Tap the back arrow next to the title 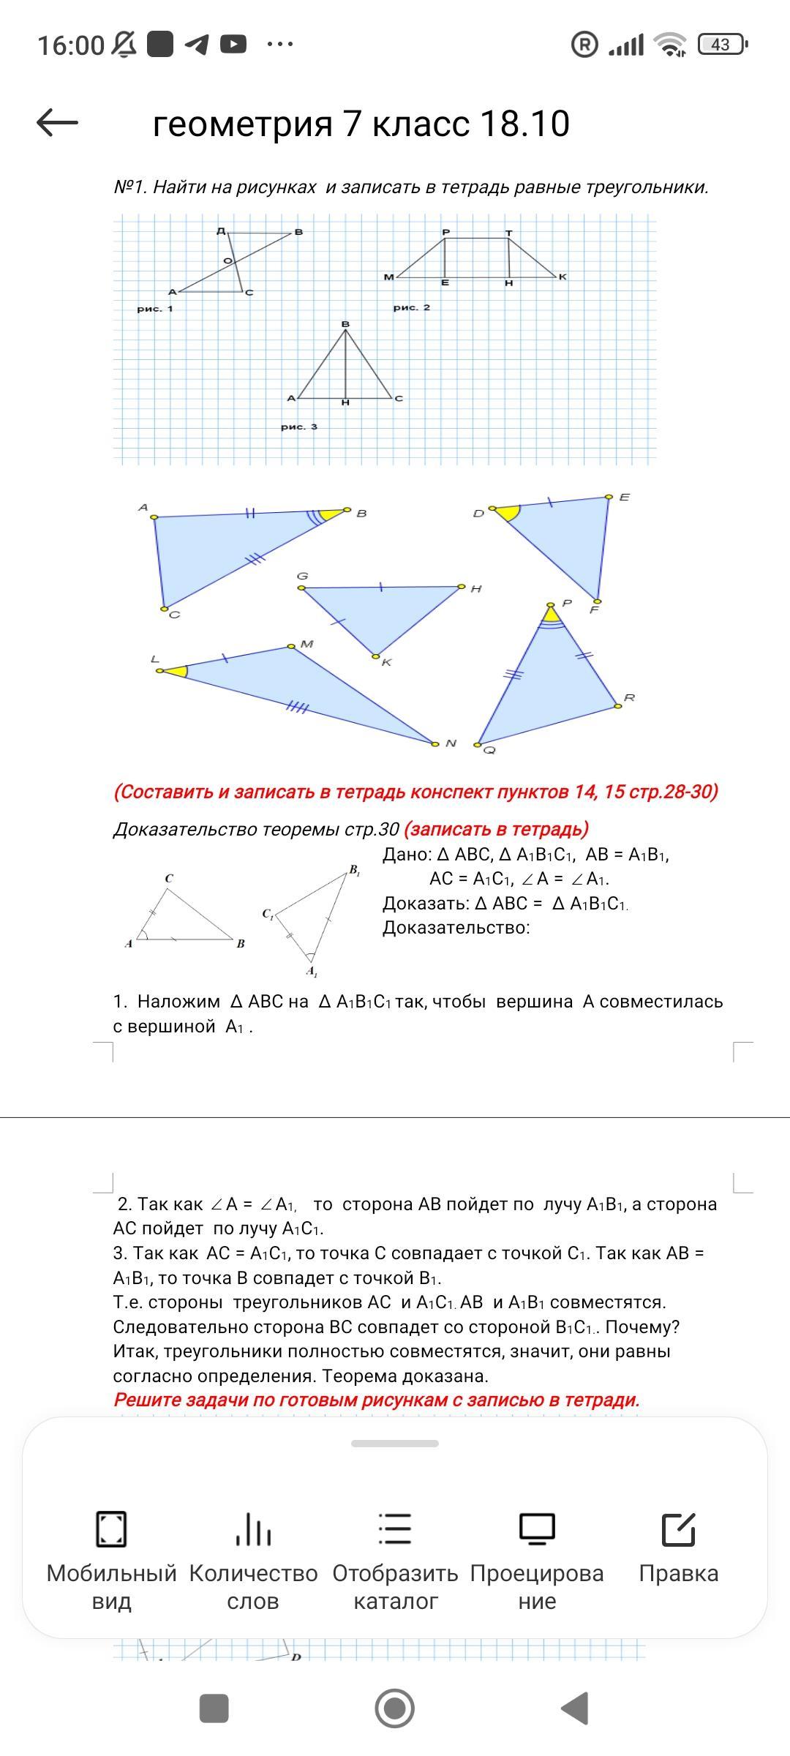click(57, 122)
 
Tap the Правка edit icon click(678, 1529)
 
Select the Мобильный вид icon click(111, 1529)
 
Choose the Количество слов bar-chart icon click(253, 1529)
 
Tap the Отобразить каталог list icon click(395, 1529)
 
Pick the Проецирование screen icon click(537, 1529)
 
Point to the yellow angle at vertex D click(506, 511)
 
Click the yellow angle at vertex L click(176, 670)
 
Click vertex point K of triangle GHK click(376, 656)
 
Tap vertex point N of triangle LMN click(434, 743)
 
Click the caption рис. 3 click(299, 427)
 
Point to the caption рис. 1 click(155, 309)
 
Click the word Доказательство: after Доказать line click(456, 928)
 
